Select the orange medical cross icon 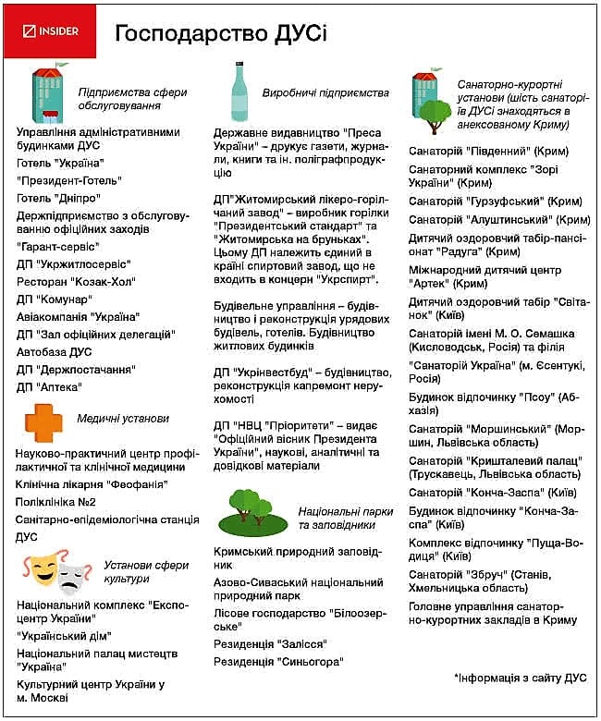43,422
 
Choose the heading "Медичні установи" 123,418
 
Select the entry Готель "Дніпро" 58,197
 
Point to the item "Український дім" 65,636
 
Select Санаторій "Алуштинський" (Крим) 499,220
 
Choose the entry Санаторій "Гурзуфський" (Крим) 495,201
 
